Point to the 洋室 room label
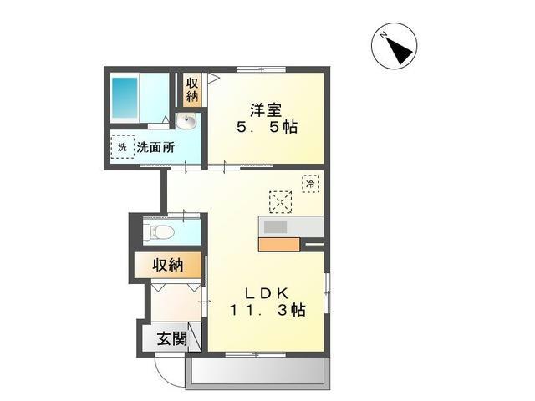[x=266, y=109]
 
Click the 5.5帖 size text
[x=266, y=129]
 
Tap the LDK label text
[x=266, y=292]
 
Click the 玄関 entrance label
[x=170, y=339]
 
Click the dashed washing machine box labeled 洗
[x=122, y=148]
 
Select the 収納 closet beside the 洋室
[x=192, y=90]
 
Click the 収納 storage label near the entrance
[x=167, y=266]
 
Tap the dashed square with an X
[x=281, y=201]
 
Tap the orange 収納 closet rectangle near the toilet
[x=169, y=266]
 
